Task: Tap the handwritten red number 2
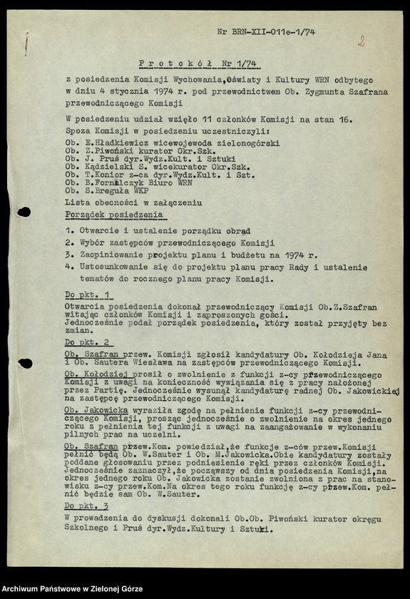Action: click(x=361, y=41)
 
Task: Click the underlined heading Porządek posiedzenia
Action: click(x=113, y=215)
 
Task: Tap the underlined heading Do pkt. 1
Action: click(x=88, y=295)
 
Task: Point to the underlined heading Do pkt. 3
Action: click(x=87, y=505)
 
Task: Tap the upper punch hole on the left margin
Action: click(x=24, y=212)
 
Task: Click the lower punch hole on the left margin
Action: click(x=24, y=364)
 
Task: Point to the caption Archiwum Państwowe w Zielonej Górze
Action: click(x=72, y=589)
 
